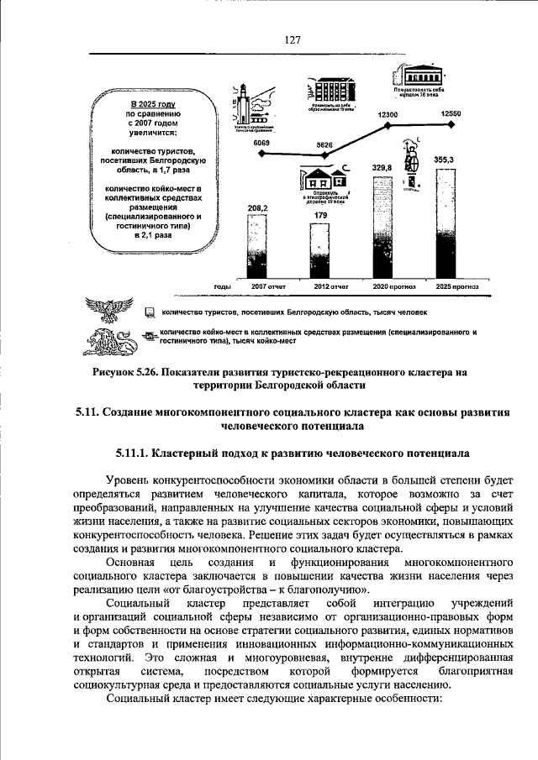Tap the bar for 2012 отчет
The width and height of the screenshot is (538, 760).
coord(320,252)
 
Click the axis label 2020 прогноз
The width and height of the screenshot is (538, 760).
coord(394,287)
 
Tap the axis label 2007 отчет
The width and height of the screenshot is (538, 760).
coord(269,287)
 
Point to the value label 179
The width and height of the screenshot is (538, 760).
coord(320,217)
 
